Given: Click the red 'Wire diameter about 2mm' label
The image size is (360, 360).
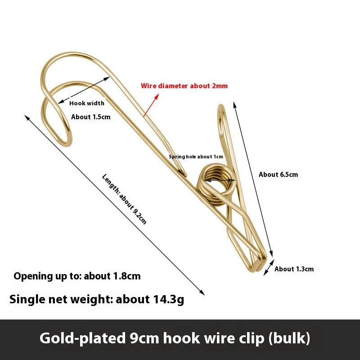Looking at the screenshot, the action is coord(184,86).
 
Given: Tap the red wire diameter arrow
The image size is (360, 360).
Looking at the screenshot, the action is coord(151,105).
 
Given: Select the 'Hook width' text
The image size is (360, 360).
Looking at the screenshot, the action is coord(87,103).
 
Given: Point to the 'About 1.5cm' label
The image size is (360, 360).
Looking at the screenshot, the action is coord(91,117).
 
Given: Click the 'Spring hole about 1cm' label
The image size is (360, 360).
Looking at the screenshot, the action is coord(196,157).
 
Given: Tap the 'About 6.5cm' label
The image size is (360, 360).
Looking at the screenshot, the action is coord(278,175).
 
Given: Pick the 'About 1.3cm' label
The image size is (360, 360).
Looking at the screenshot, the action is coord(294,269).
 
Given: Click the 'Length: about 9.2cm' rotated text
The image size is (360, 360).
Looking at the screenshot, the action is coord(124,199).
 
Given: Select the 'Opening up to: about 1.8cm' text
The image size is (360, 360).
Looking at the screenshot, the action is coord(77,276).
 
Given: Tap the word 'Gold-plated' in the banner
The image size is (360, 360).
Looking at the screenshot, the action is coord(82,338).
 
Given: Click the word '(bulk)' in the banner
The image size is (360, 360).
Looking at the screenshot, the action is coord(289,338).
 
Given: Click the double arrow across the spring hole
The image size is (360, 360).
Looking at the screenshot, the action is coord(220,180).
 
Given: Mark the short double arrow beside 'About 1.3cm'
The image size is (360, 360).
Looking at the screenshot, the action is coord(269,267).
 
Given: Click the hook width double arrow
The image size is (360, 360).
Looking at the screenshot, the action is coord(84,90).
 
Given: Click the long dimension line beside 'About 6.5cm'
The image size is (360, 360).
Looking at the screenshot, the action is coord(253,179).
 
